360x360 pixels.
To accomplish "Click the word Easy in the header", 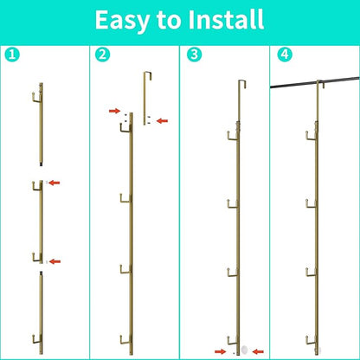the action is click(123, 21).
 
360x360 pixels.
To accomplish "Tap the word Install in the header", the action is click(226, 20).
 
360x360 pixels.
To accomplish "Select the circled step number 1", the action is click(12, 55).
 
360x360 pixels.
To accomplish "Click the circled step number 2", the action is click(102, 55).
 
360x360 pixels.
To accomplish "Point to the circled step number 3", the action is click(194, 55).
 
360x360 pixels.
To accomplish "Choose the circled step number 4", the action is click(285, 55).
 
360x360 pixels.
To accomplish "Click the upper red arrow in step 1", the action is click(55, 183).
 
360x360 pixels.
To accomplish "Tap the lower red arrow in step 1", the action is click(55, 261).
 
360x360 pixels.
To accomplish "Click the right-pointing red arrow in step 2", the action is click(114, 111).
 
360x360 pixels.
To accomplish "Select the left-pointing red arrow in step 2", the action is click(162, 121).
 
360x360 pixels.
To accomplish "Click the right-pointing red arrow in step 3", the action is click(221, 351).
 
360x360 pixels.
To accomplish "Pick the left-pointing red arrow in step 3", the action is click(258, 351).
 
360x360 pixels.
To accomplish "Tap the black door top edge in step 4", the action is click(315, 82).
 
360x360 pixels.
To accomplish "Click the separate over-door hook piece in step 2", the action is click(145, 98).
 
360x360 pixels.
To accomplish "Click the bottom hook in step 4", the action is click(311, 343).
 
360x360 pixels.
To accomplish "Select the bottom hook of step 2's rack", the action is click(125, 343).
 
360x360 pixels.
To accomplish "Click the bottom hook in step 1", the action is click(36, 342).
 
